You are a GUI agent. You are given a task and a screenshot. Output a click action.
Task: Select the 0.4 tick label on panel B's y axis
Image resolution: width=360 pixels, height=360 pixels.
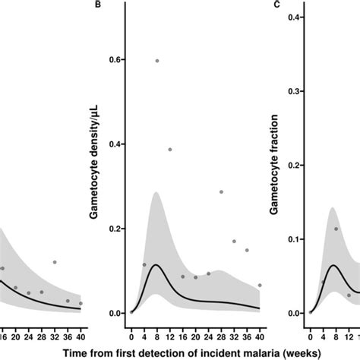(116, 144)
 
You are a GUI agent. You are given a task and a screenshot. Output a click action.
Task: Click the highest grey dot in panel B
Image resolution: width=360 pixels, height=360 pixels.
(157, 61)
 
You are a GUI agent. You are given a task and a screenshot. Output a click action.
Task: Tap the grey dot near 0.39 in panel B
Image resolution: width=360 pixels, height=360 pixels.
(170, 150)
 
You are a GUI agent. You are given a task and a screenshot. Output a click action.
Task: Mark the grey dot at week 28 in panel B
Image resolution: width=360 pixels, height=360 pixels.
(221, 192)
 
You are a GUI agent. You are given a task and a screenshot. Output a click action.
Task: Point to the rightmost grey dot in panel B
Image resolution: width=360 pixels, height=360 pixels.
(260, 286)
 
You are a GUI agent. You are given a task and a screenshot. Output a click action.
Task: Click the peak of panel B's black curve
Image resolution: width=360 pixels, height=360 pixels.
(157, 265)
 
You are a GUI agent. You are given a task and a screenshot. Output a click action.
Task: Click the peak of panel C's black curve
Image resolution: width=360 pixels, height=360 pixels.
(333, 265)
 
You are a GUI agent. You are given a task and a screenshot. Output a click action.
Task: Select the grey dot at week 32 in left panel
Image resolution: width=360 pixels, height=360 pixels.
(55, 262)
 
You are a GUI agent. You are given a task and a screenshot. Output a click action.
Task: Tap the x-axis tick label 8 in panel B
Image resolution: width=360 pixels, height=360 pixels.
(157, 331)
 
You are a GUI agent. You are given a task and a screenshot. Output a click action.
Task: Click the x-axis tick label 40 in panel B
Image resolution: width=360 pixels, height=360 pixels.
(260, 331)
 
